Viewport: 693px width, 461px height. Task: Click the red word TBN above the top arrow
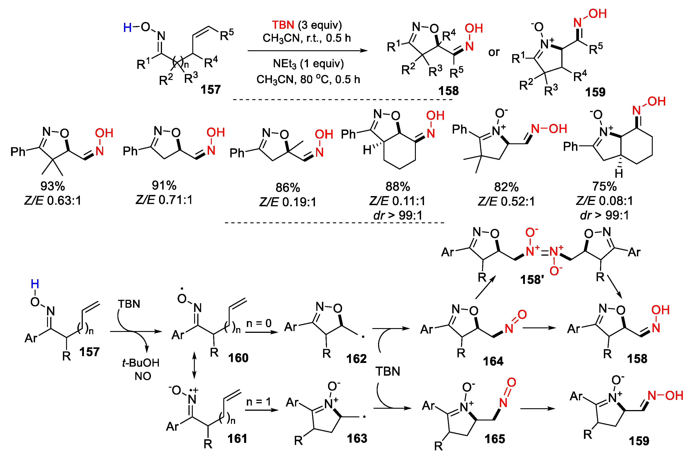[283, 25]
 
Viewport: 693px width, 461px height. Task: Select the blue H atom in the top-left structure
[127, 28]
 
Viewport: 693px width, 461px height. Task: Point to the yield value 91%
[164, 185]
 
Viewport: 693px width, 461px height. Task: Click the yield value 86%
[288, 187]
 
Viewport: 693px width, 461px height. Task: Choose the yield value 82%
[506, 187]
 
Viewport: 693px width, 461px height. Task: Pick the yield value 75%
[604, 186]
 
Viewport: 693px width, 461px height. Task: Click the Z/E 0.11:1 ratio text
[398, 201]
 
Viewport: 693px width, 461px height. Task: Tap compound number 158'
[532, 280]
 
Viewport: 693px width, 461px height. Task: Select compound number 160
[238, 358]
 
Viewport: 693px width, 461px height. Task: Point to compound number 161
[237, 439]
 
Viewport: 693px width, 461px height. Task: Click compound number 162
[356, 359]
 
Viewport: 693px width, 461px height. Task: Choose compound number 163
[357, 438]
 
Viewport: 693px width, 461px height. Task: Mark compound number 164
[493, 361]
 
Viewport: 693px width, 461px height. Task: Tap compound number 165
[495, 439]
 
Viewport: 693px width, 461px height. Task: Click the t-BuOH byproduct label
[141, 363]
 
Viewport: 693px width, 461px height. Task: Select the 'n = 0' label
[259, 323]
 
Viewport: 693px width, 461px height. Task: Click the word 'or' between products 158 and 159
[494, 52]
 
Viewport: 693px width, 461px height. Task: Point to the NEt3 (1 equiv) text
[308, 63]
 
